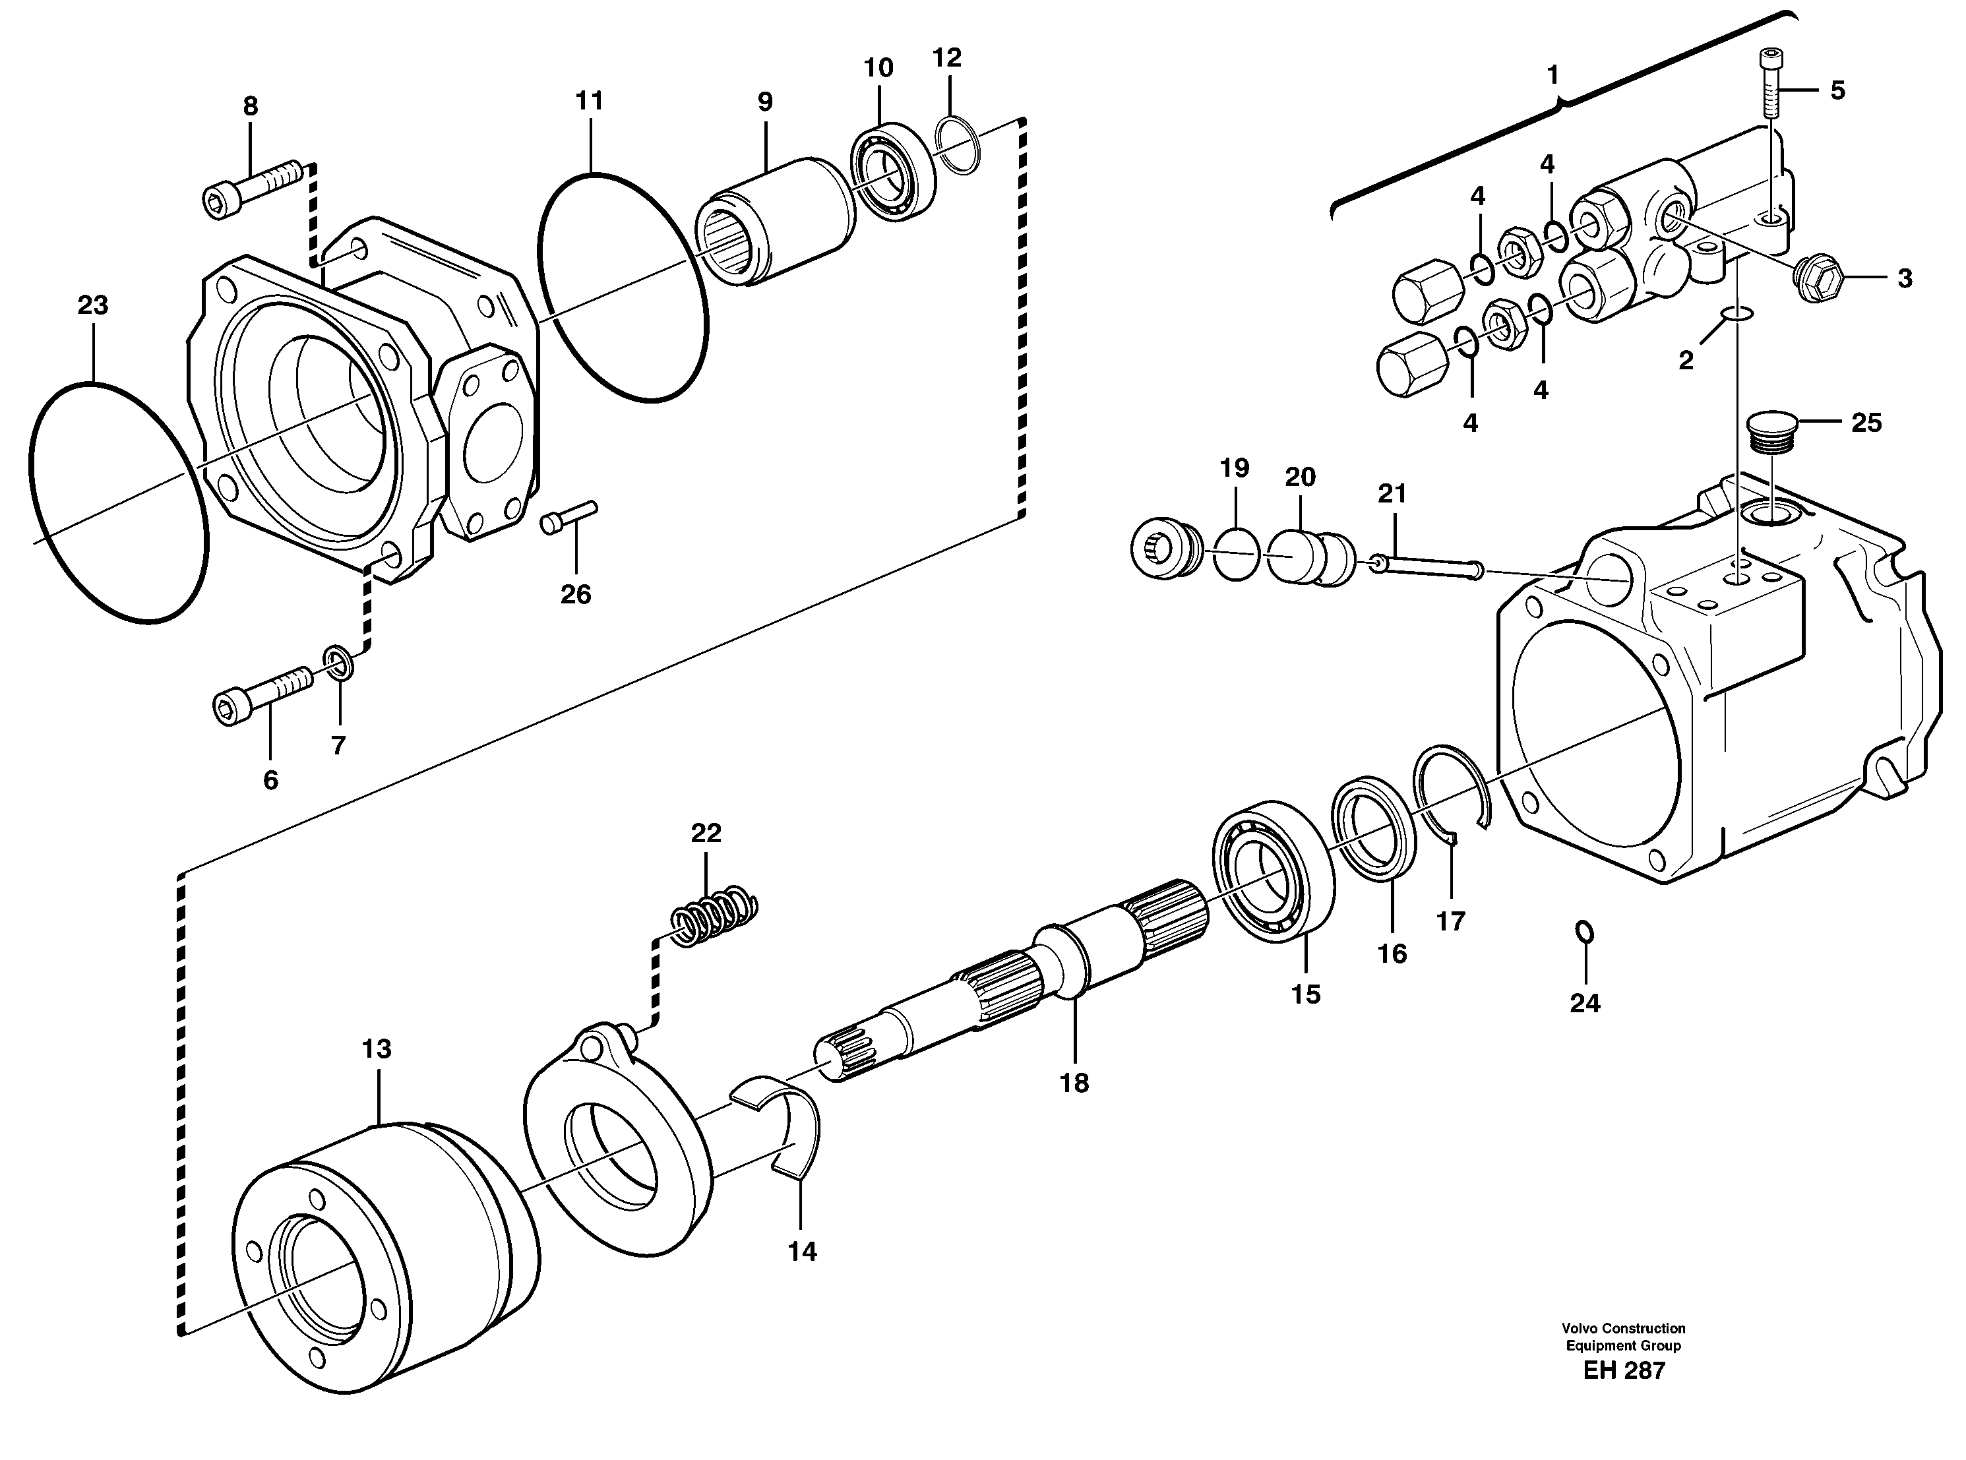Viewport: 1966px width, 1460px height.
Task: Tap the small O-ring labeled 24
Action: pyautogui.click(x=1585, y=932)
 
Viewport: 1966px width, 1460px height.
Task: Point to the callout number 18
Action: pyautogui.click(x=1074, y=1083)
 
